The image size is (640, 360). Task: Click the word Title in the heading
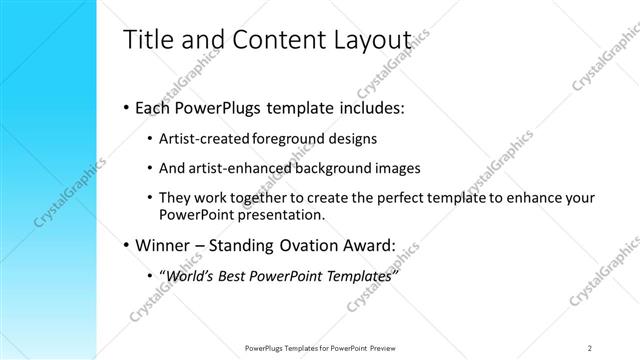pos(147,39)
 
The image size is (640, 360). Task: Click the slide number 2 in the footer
pos(590,347)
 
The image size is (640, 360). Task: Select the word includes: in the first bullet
pos(368,106)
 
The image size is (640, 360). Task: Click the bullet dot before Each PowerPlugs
pos(125,106)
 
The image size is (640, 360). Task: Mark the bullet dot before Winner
pos(125,244)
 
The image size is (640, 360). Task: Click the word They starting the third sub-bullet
pos(178,198)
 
